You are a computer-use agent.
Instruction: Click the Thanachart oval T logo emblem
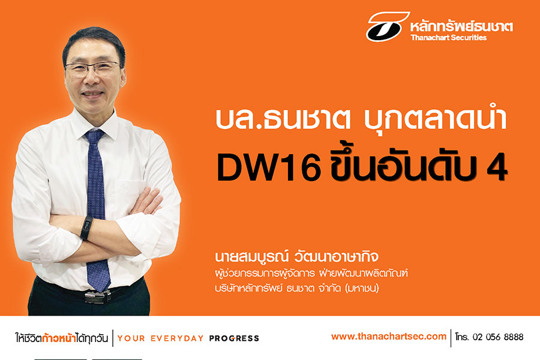tap(388, 26)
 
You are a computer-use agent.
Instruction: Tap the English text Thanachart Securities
tap(448, 38)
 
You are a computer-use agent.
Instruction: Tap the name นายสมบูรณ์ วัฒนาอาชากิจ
tap(297, 257)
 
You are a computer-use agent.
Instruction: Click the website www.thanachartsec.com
tap(388, 336)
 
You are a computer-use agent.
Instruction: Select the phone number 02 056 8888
tap(498, 337)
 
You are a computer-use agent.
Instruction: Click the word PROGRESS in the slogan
tap(234, 338)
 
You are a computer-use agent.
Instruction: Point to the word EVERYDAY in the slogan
tap(177, 338)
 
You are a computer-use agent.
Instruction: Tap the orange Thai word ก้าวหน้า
tap(59, 338)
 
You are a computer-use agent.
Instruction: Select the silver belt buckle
tap(98, 296)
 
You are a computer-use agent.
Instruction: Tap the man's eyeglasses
tap(92, 68)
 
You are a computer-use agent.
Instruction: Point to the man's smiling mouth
tap(92, 94)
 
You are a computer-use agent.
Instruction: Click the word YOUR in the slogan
tap(131, 338)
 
